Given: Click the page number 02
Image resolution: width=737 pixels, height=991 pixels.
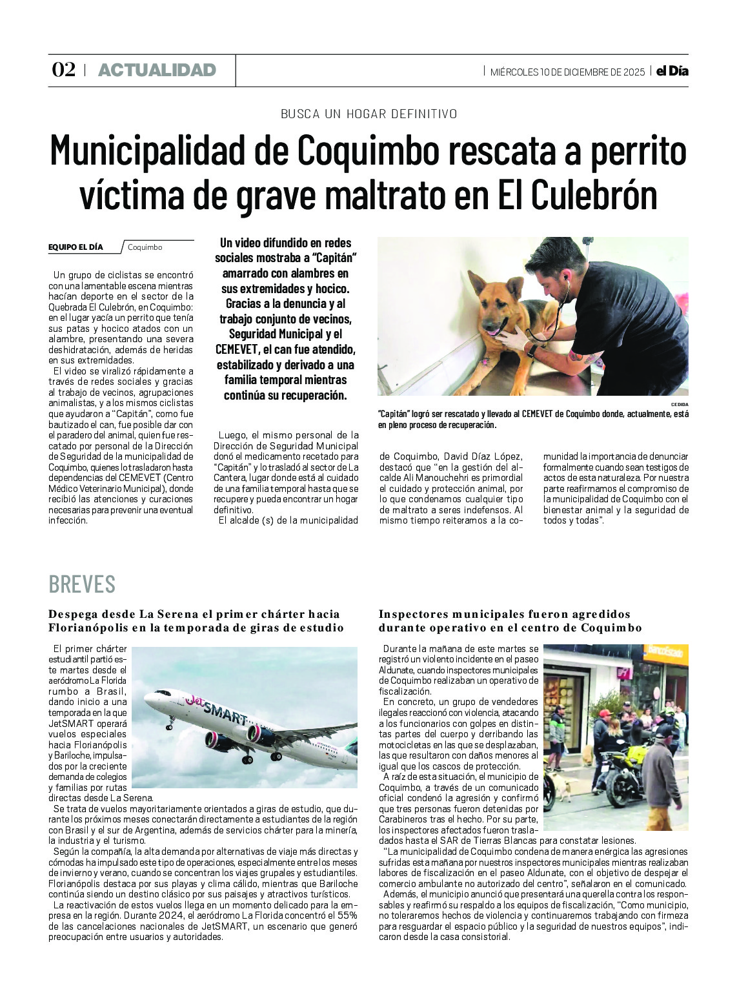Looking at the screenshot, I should point(63,70).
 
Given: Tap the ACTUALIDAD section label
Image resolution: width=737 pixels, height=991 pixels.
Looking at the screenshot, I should point(157,70).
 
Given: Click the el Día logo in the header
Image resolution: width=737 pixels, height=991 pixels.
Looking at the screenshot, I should point(672,71).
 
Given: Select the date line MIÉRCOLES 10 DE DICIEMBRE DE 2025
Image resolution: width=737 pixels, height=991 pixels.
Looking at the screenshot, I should point(567,72).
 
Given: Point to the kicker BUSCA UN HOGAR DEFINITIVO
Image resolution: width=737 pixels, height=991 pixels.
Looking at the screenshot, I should point(368,114).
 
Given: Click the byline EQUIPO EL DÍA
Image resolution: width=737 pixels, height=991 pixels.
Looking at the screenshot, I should point(76,247).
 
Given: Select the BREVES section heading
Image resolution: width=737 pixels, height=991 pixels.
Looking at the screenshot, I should point(82,584).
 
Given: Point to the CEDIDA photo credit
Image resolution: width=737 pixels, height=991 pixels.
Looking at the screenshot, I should point(680,405).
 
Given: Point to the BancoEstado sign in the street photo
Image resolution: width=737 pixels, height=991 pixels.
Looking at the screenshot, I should point(665,652).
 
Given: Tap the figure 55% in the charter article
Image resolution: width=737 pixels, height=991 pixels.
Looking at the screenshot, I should point(347,915).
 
